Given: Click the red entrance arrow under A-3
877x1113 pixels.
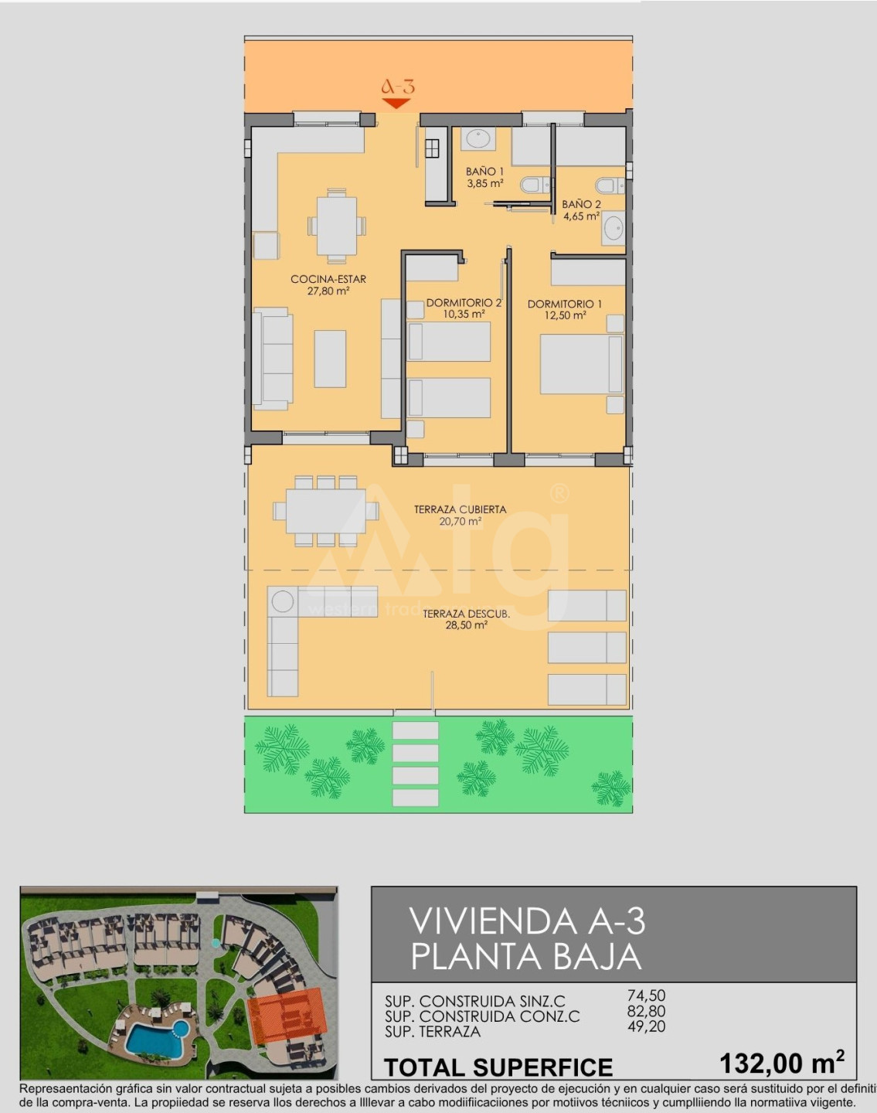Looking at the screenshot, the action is click(396, 103).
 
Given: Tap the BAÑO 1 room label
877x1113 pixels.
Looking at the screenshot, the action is click(484, 171).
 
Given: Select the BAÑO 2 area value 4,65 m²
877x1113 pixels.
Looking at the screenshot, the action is click(581, 216).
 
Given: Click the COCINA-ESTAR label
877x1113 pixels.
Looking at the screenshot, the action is click(328, 279).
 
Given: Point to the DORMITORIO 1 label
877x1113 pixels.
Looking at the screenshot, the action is click(565, 304).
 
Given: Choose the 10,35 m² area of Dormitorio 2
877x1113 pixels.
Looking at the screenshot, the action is click(464, 314).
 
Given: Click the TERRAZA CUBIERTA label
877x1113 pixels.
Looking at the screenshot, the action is click(461, 509).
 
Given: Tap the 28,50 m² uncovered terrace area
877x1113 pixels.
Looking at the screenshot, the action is click(467, 625).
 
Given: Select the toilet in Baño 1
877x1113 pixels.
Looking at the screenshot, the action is click(532, 185).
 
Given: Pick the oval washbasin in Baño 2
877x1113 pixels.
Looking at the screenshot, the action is click(614, 228).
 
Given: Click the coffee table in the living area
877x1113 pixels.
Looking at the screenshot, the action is click(330, 359).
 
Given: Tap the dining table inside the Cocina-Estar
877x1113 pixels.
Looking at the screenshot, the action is click(337, 226).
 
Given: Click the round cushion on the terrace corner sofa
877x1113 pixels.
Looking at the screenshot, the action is click(282, 601).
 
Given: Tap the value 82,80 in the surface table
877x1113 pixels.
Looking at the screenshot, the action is click(647, 1011).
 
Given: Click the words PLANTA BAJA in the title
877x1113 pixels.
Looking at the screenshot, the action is click(526, 957).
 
